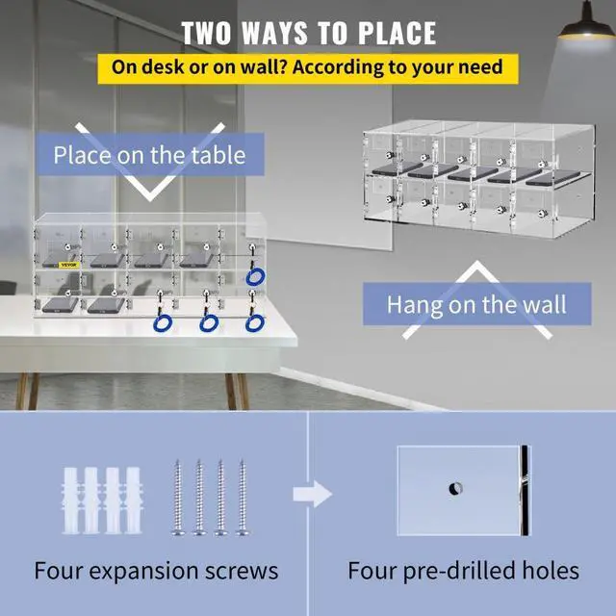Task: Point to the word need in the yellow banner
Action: tap(486, 68)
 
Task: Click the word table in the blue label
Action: tap(218, 154)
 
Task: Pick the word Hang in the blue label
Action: tap(412, 305)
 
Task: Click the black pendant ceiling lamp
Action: tap(585, 25)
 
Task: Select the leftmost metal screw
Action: tap(178, 497)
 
